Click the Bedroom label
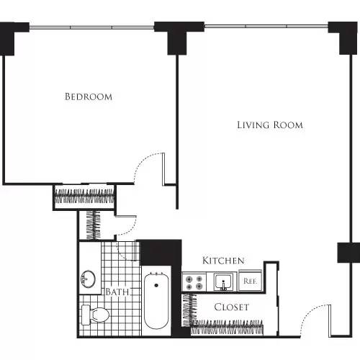88,96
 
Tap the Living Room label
270,125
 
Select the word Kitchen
223,260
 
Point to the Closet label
232,307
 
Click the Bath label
117,292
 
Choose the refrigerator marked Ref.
251,281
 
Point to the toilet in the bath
96,314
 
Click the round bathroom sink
89,279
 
